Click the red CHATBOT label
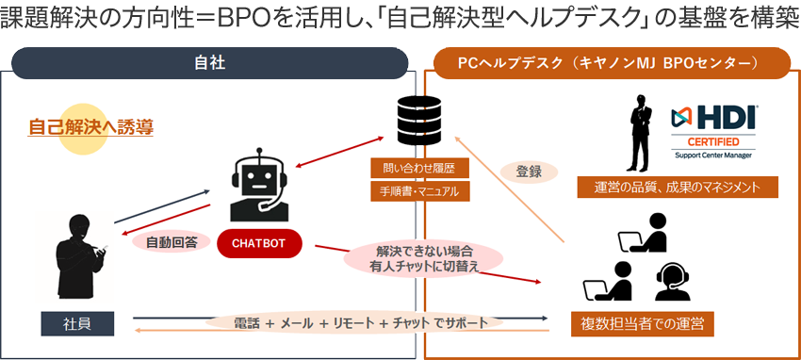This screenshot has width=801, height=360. tap(258, 245)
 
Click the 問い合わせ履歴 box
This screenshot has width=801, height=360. tap(414, 169)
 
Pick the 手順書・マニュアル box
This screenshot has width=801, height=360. tap(414, 191)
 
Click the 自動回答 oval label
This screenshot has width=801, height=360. tap(171, 242)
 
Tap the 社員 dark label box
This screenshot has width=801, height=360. tap(77, 324)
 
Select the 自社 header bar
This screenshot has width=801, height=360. tap(209, 63)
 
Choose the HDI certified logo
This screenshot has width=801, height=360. tap(716, 128)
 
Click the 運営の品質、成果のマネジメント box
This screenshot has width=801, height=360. tap(678, 187)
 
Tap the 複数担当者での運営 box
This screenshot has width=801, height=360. tap(642, 324)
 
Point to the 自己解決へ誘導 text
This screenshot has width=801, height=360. tap(90, 126)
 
